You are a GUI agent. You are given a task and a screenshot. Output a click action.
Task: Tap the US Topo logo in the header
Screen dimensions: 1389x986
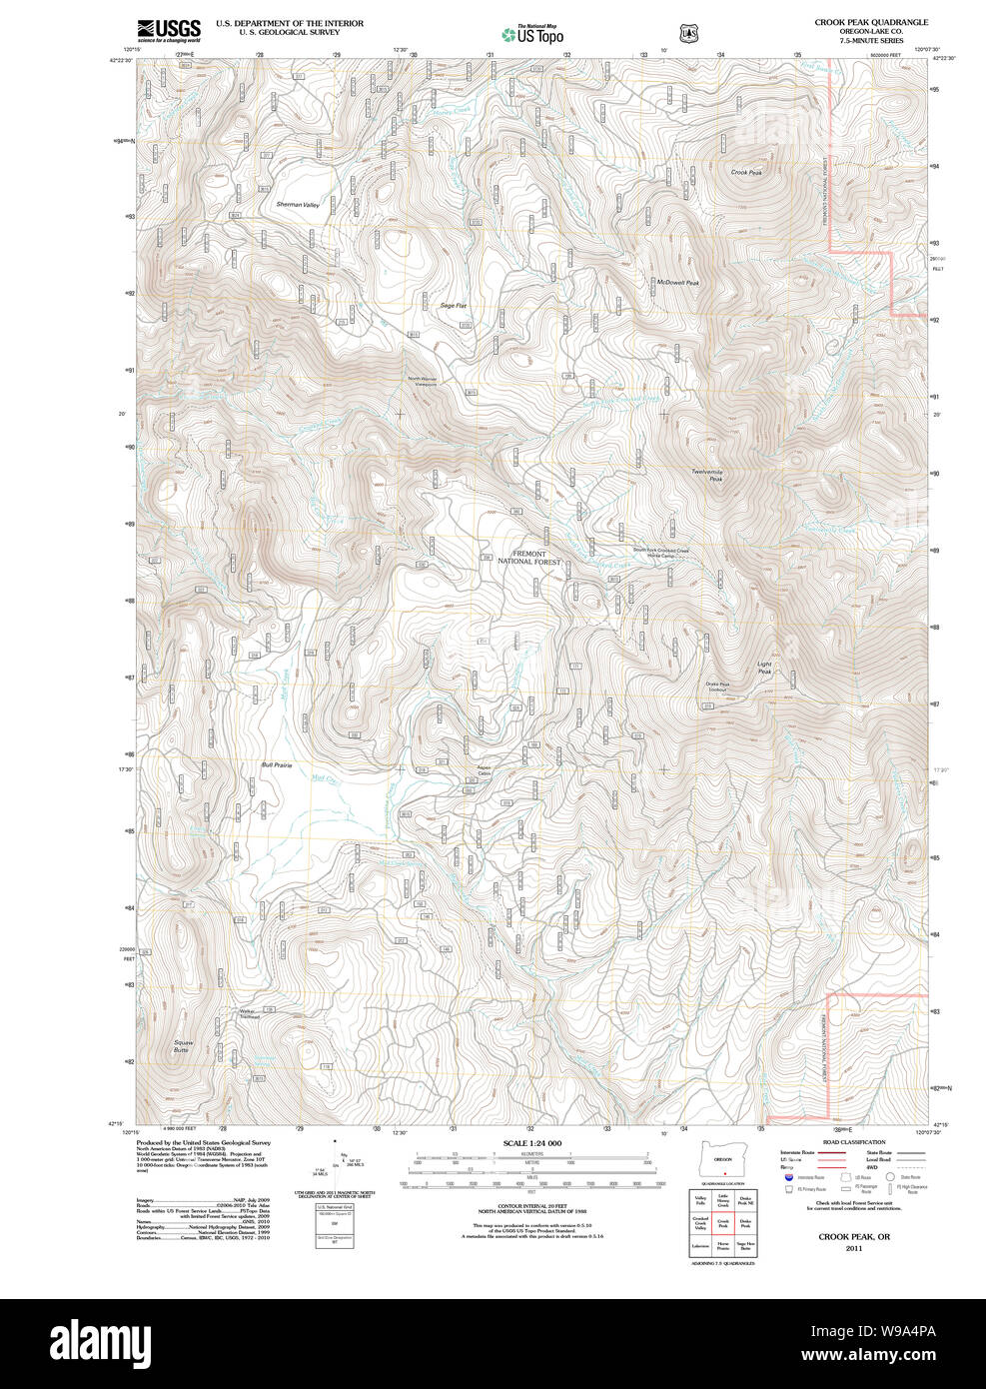click(x=533, y=34)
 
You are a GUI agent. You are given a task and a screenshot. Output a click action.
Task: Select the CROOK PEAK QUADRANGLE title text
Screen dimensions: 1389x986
click(x=870, y=22)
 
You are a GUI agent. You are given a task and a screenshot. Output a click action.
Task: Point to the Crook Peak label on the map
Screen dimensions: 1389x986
click(x=745, y=172)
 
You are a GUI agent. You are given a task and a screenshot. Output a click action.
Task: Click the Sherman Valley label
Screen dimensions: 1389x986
click(x=297, y=205)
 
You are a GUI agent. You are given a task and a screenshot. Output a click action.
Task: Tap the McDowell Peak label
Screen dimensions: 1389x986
click(x=677, y=283)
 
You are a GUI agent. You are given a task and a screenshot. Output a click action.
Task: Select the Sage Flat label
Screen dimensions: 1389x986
click(x=454, y=306)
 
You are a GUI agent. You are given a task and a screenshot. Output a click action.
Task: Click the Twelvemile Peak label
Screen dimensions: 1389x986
click(x=706, y=476)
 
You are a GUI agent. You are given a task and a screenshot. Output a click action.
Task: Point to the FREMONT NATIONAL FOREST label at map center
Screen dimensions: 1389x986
click(x=528, y=558)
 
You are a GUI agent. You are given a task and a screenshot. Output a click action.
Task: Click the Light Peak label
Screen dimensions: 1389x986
click(x=764, y=668)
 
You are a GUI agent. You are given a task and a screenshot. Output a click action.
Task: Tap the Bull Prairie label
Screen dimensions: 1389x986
click(x=276, y=765)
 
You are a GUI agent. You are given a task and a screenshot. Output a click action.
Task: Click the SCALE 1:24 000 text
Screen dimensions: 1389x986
click(x=531, y=1143)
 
